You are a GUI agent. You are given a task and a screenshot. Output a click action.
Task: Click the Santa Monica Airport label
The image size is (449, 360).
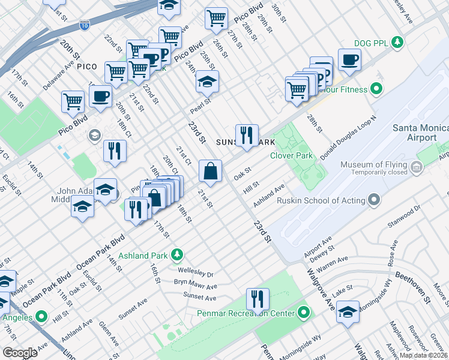(x=420, y=133)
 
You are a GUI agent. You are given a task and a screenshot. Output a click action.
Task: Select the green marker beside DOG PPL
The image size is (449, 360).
(x=396, y=41)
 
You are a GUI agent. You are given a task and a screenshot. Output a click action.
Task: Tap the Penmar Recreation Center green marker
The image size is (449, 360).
(x=304, y=313)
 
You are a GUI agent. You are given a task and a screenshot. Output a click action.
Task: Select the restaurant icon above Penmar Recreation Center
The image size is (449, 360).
(x=258, y=298)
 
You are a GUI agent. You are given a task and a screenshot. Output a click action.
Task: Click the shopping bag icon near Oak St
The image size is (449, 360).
(x=211, y=171)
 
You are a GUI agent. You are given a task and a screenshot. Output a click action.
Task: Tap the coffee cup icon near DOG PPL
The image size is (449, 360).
(x=349, y=59)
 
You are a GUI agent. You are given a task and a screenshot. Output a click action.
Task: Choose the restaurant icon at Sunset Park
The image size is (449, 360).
(x=246, y=135)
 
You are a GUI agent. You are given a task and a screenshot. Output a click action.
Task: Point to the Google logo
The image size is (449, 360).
(x=20, y=353)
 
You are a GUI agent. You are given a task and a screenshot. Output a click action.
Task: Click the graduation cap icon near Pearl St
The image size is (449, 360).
(x=208, y=82)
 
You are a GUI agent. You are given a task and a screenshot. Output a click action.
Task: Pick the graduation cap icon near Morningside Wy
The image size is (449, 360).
(x=348, y=311)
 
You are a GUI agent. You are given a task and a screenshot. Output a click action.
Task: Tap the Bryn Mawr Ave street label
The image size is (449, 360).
(x=195, y=284)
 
